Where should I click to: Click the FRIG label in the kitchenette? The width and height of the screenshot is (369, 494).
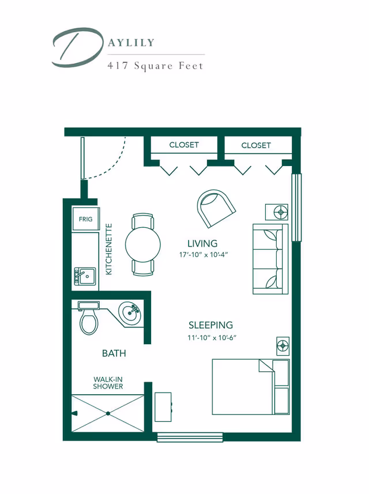(x=85, y=220)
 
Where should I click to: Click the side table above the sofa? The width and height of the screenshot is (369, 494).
(x=281, y=212)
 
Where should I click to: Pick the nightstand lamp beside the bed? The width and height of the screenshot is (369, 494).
(x=283, y=346)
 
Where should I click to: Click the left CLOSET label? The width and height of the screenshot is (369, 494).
(x=184, y=145)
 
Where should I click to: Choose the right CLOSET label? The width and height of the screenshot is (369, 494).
(x=256, y=145)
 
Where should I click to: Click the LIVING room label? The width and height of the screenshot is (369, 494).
(x=202, y=243)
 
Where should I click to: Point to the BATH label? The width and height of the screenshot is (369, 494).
(x=114, y=353)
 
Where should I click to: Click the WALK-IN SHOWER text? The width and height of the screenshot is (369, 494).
(x=108, y=383)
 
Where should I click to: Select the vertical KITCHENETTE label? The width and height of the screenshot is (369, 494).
(x=109, y=249)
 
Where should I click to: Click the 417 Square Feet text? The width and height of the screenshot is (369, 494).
(x=155, y=66)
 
